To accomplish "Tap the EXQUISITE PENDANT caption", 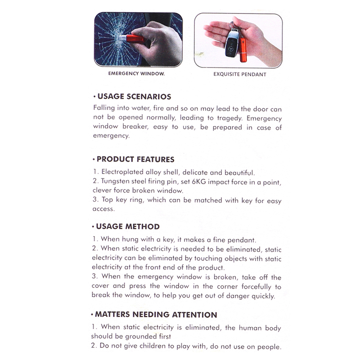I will click(239, 74).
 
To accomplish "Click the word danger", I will click(248, 296).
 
